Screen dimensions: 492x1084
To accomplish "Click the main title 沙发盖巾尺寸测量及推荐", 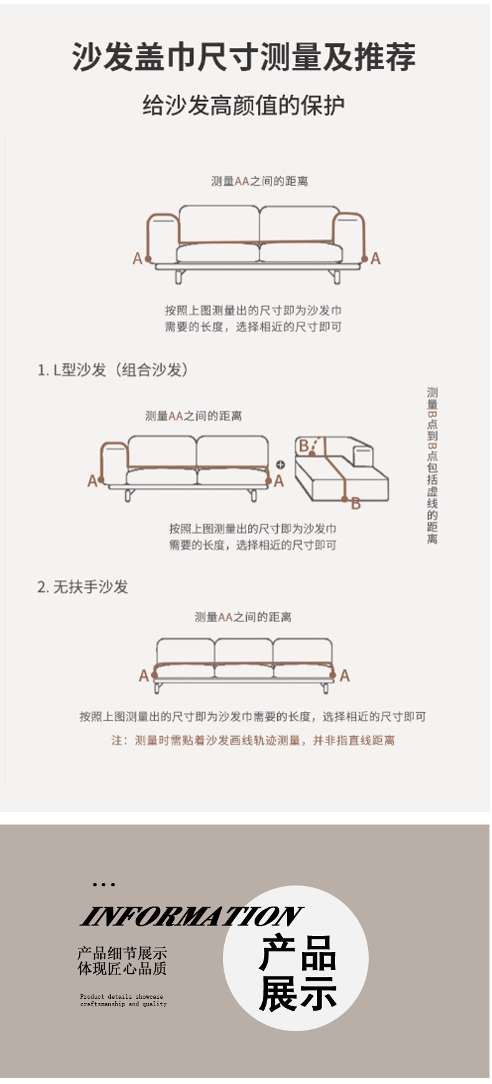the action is coord(244,57).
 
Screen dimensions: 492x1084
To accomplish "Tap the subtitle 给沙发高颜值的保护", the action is coord(244,105).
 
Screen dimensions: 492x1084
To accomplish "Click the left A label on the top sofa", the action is coord(138,258).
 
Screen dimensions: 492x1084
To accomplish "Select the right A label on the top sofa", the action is coord(375,258).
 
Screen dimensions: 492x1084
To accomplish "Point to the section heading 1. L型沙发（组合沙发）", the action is coord(113,370).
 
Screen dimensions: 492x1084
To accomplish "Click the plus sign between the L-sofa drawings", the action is coord(280,464).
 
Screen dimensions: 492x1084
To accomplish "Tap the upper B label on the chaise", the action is coord(304,446).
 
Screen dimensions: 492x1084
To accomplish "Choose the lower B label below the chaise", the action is coord(356,503).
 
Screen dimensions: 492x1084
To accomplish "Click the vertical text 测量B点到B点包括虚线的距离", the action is coord(432,465).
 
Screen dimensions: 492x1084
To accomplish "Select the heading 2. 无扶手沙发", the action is coord(82,587).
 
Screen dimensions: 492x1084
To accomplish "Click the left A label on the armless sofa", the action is coord(144,675).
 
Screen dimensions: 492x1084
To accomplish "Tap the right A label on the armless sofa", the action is coord(344,675).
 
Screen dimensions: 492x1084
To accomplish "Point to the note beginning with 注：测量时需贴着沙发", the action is coord(253,741).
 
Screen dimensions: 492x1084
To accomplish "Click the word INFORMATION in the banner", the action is coord(191,916).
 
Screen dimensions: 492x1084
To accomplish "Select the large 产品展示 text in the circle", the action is coord(298,973).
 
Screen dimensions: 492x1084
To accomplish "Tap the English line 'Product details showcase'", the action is coord(121,996).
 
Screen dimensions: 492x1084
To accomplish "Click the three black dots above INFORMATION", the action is coord(103,884).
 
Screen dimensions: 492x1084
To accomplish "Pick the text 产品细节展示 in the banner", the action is coord(122,953).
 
